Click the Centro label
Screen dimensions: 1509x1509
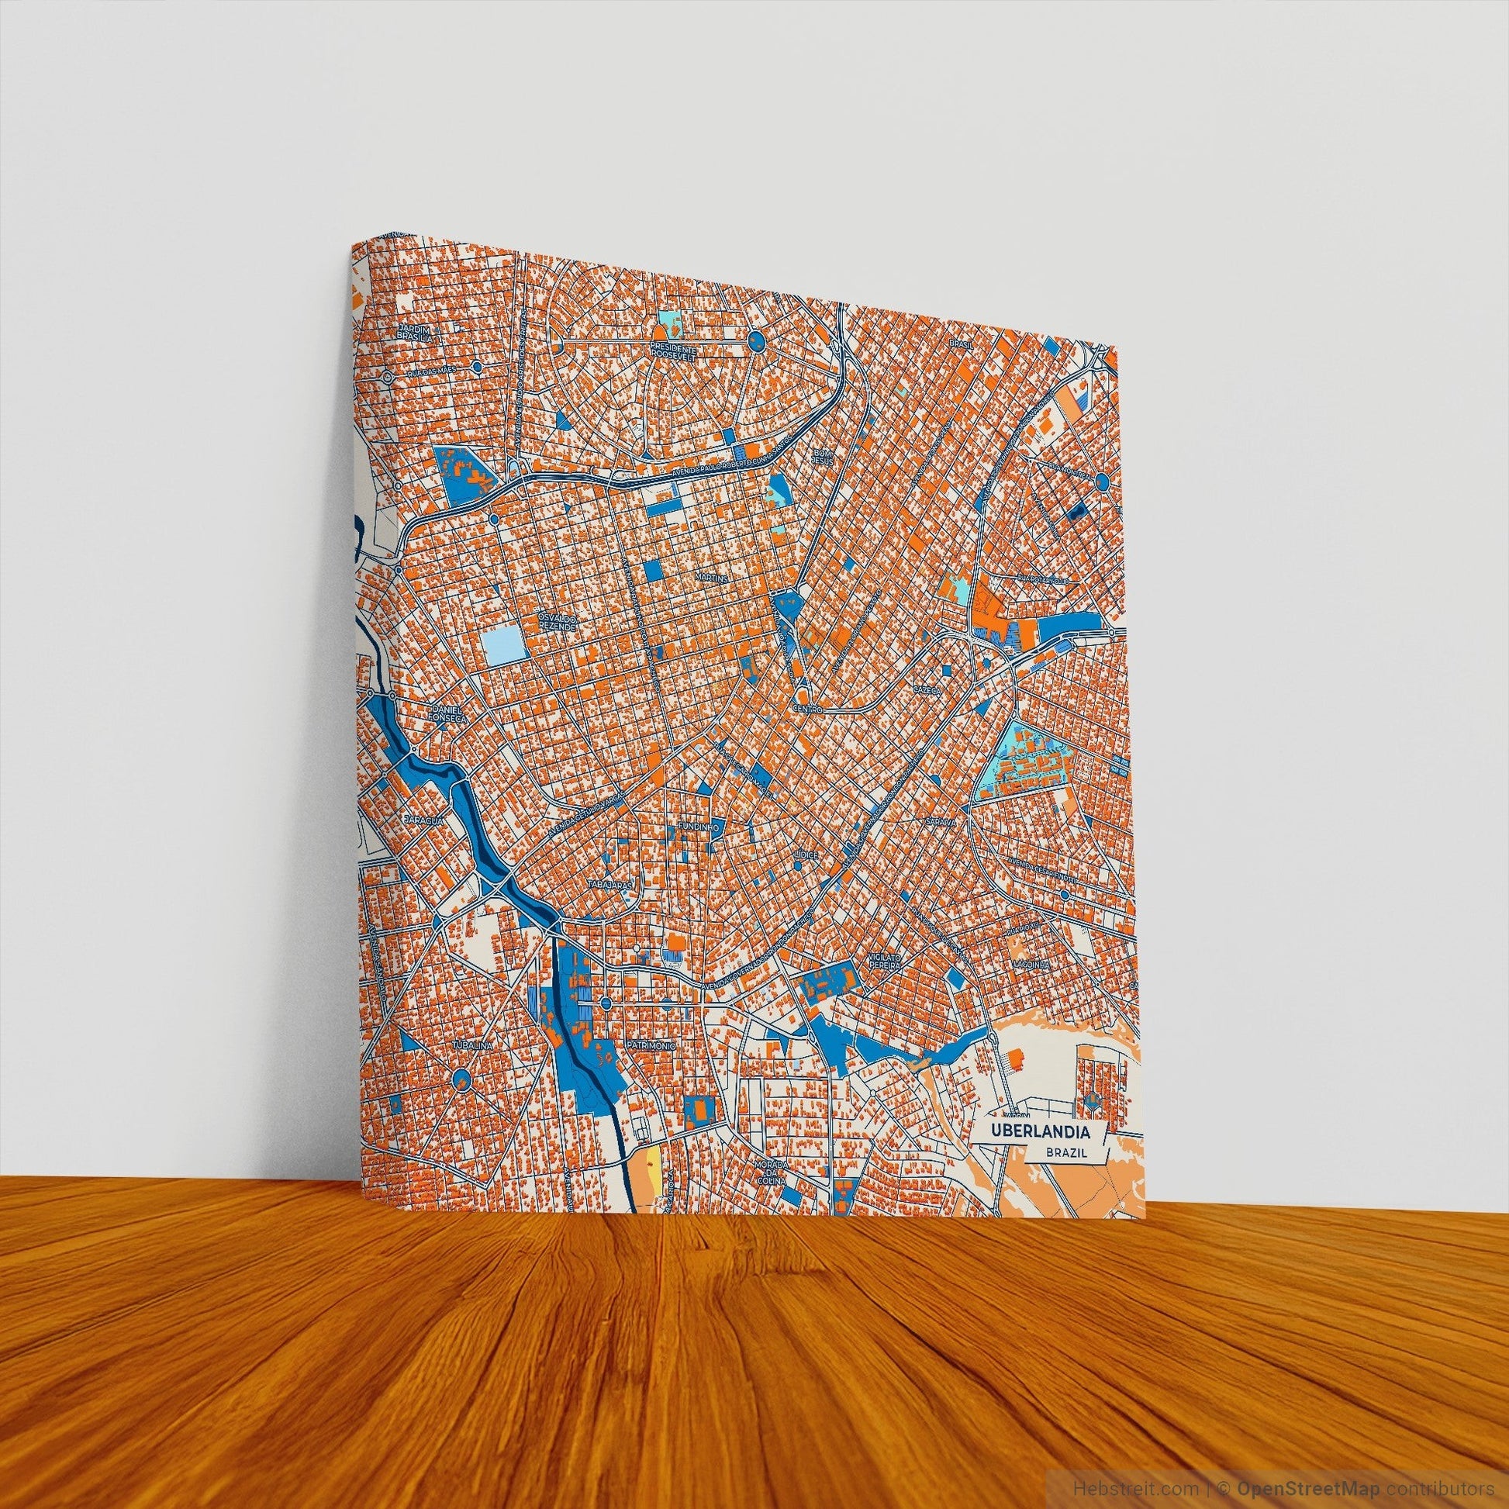tap(806, 710)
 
